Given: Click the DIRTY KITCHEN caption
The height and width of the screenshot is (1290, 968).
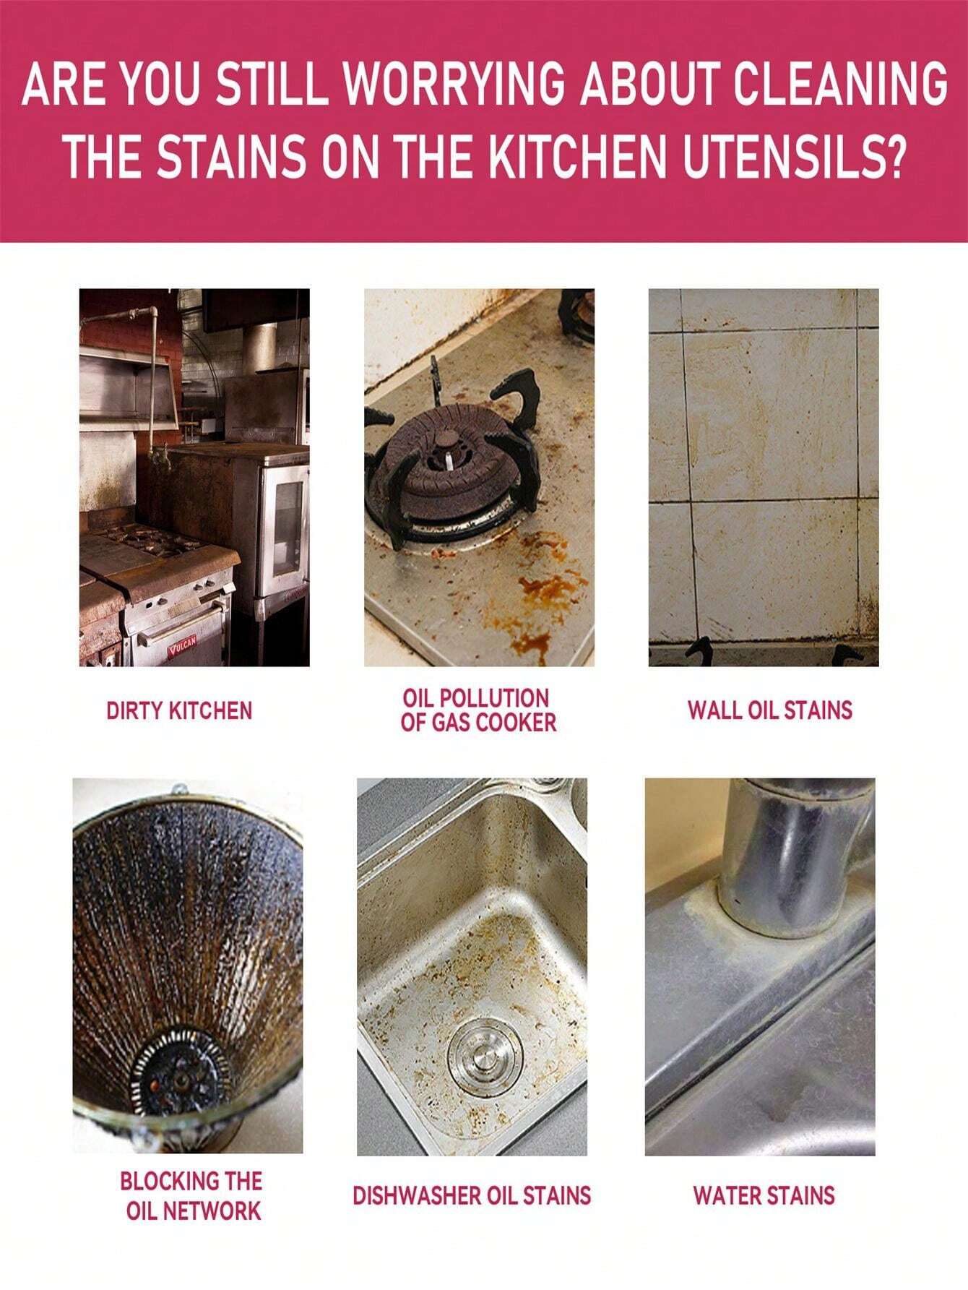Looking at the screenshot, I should pyautogui.click(x=179, y=710).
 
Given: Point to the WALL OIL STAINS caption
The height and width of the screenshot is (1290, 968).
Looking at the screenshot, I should pyautogui.click(x=769, y=710).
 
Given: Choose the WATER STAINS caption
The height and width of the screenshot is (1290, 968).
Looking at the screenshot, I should pyautogui.click(x=764, y=1195).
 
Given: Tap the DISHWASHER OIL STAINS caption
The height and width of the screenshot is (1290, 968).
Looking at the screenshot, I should pyautogui.click(x=472, y=1195).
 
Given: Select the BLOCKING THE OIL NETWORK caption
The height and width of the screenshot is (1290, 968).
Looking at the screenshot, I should pyautogui.click(x=191, y=1196).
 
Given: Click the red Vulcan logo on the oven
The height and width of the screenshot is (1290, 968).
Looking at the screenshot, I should pyautogui.click(x=183, y=651).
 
